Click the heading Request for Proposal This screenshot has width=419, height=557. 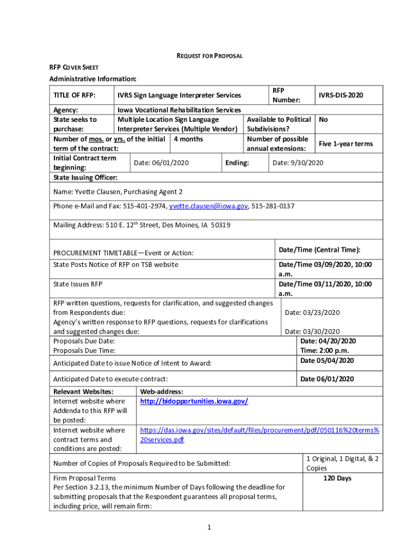tap(209, 56)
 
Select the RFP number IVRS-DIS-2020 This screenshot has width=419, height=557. tap(341, 95)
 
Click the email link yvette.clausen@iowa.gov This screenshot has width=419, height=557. tap(208, 206)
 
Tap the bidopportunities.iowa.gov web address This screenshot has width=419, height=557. tap(194, 401)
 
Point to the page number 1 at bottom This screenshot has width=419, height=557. tap(209, 527)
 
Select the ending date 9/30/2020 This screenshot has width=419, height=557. tap(298, 163)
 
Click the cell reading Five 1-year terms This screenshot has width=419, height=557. tap(346, 144)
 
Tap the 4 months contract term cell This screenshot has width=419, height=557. tap(188, 139)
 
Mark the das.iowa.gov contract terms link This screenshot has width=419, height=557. tap(260, 435)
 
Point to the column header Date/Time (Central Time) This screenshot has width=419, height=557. tap(319, 250)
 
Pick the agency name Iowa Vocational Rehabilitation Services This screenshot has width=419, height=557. tap(179, 110)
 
